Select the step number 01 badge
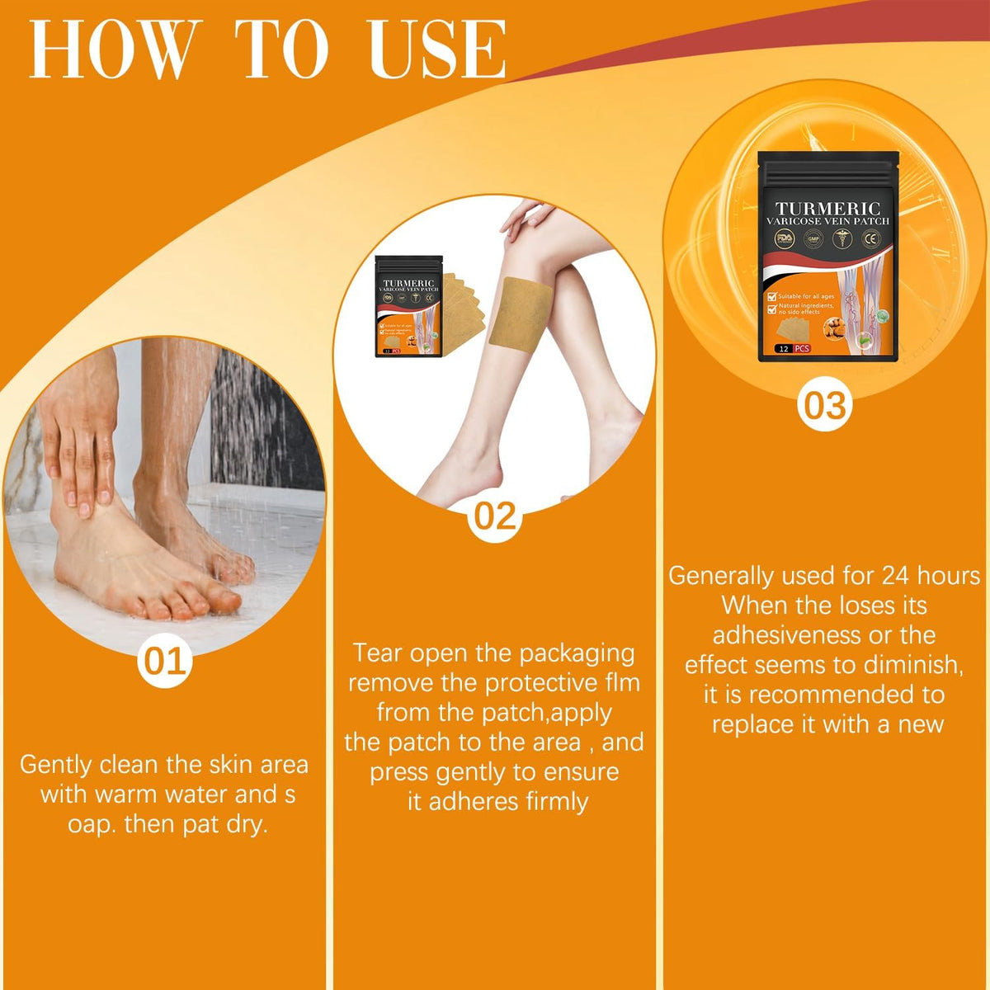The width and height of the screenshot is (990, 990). (165, 662)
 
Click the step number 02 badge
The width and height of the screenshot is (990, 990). (495, 516)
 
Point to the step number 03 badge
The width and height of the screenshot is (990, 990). (825, 406)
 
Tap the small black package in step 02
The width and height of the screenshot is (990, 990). (408, 306)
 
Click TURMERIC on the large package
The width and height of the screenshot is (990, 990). (827, 209)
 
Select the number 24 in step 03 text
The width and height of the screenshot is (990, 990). (896, 575)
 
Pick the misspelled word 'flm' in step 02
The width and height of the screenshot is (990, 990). (620, 682)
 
